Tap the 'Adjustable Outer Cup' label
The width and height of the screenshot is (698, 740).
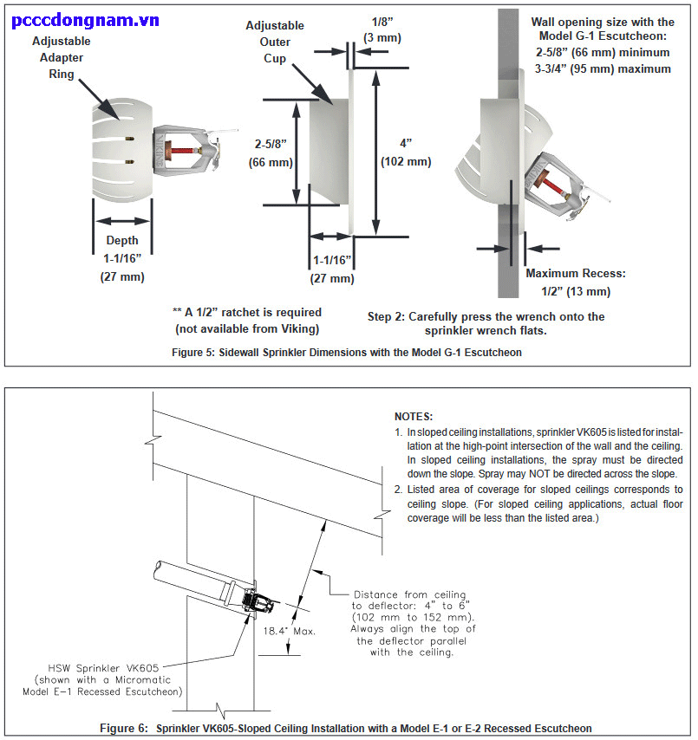pos(276,42)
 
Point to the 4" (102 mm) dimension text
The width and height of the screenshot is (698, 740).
pos(405,152)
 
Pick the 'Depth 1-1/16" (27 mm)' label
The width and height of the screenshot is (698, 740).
pos(122,258)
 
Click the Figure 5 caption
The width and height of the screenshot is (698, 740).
pos(349,352)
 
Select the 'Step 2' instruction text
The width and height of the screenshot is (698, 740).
pos(486,323)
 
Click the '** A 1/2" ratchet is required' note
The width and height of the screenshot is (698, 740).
pos(247,320)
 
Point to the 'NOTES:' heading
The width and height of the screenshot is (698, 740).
pos(413,417)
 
